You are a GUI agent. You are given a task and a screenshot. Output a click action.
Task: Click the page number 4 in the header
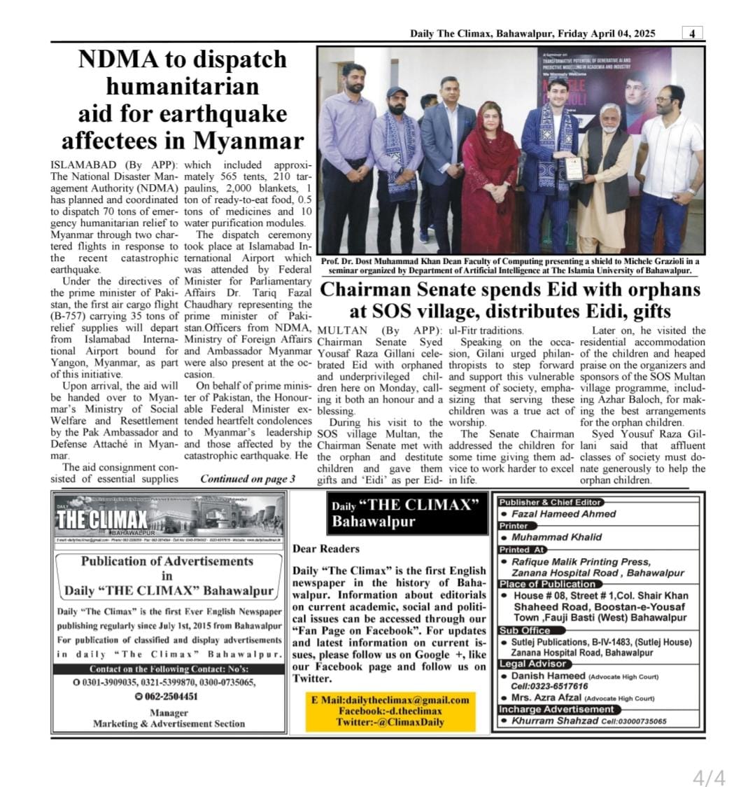click(x=692, y=34)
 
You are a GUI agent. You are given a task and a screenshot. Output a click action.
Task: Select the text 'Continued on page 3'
click(x=248, y=480)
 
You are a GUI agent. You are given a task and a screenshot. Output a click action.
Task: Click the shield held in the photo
click(x=574, y=168)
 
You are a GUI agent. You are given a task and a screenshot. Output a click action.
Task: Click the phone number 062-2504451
click(x=171, y=697)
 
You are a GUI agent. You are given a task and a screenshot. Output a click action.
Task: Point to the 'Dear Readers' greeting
click(x=326, y=549)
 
